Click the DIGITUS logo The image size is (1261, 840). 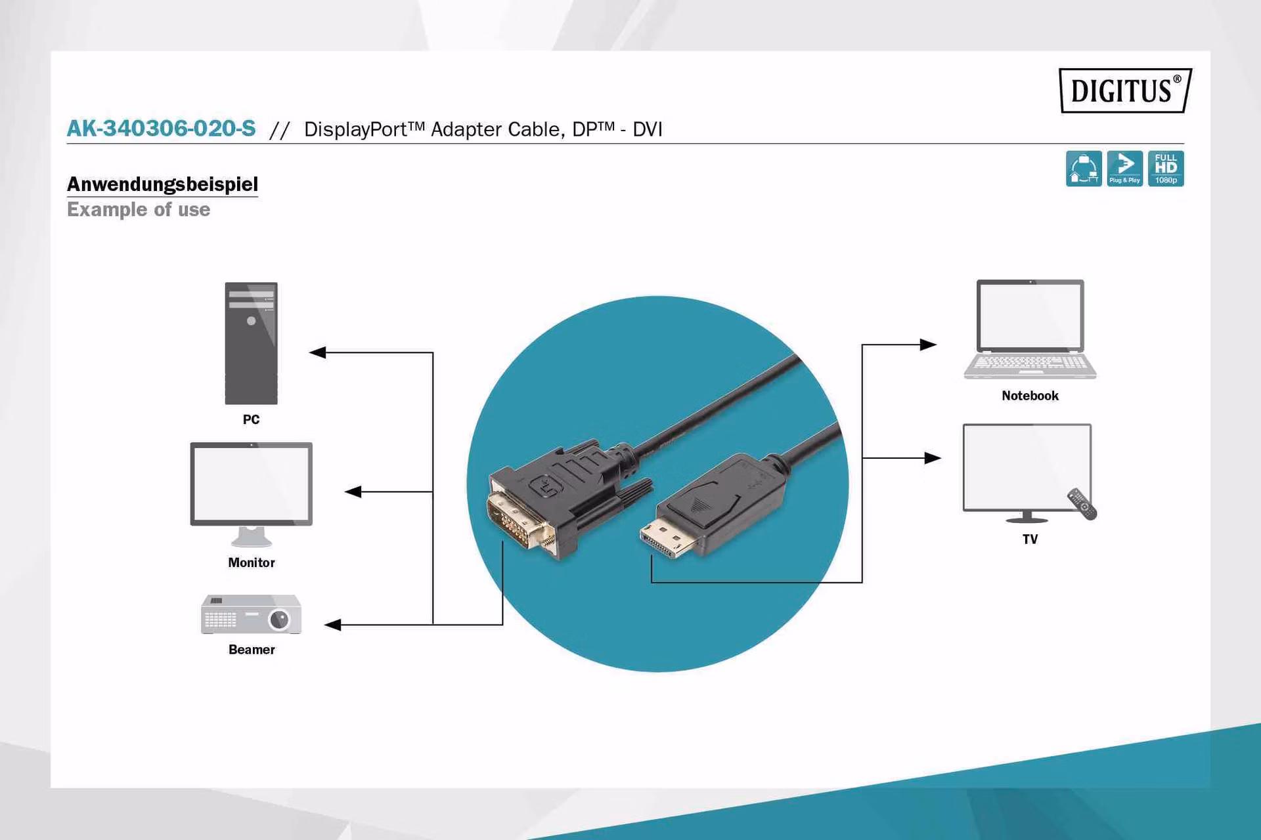coord(1125,90)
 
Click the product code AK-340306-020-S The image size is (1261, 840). coord(161,128)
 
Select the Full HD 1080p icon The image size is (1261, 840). coord(1166,169)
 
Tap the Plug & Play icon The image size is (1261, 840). coord(1124,169)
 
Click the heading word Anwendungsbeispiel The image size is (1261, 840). coord(162,184)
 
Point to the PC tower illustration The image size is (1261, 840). coord(251,343)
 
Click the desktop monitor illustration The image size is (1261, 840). coord(251,494)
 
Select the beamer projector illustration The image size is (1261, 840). coord(251,614)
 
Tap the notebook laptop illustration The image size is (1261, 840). coord(1030,329)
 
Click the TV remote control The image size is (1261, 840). coord(1082,503)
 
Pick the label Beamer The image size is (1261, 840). coord(252,650)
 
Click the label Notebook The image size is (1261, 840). coord(1030,396)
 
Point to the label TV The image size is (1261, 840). coord(1030,539)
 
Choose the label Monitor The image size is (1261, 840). coord(252,562)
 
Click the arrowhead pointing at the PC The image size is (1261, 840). coord(318,352)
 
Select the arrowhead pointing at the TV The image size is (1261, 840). coord(933,458)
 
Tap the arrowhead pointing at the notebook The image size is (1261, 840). coord(928,345)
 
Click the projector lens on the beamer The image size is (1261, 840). coord(280,619)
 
